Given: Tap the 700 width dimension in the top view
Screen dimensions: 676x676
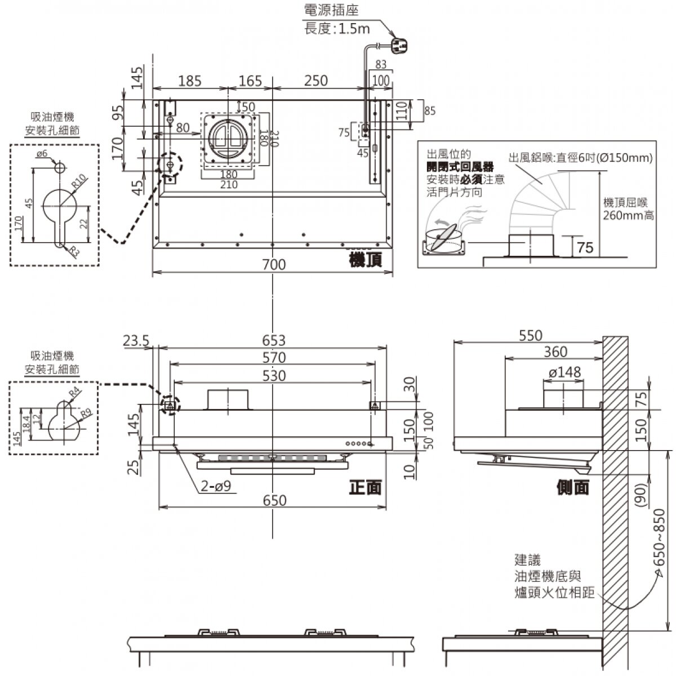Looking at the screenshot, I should click(274, 264).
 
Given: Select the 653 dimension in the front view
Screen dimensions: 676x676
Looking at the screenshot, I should click(274, 341).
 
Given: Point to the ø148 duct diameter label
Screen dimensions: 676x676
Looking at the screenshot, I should click(564, 372).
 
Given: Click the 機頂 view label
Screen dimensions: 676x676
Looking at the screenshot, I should click(366, 260).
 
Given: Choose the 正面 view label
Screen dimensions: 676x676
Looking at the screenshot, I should click(365, 487).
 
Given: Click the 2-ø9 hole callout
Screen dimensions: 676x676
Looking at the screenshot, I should click(216, 486).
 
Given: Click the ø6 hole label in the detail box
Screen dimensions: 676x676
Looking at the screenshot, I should click(42, 154).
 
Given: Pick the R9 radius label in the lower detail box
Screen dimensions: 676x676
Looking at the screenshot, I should click(86, 413).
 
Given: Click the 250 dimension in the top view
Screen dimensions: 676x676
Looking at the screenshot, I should click(315, 81).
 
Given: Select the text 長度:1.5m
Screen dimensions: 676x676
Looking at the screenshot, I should click(337, 29).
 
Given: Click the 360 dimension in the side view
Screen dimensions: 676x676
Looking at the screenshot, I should click(555, 352).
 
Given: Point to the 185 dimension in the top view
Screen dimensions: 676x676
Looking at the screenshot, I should click(189, 81).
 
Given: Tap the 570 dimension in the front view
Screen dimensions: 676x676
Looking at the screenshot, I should click(274, 358).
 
